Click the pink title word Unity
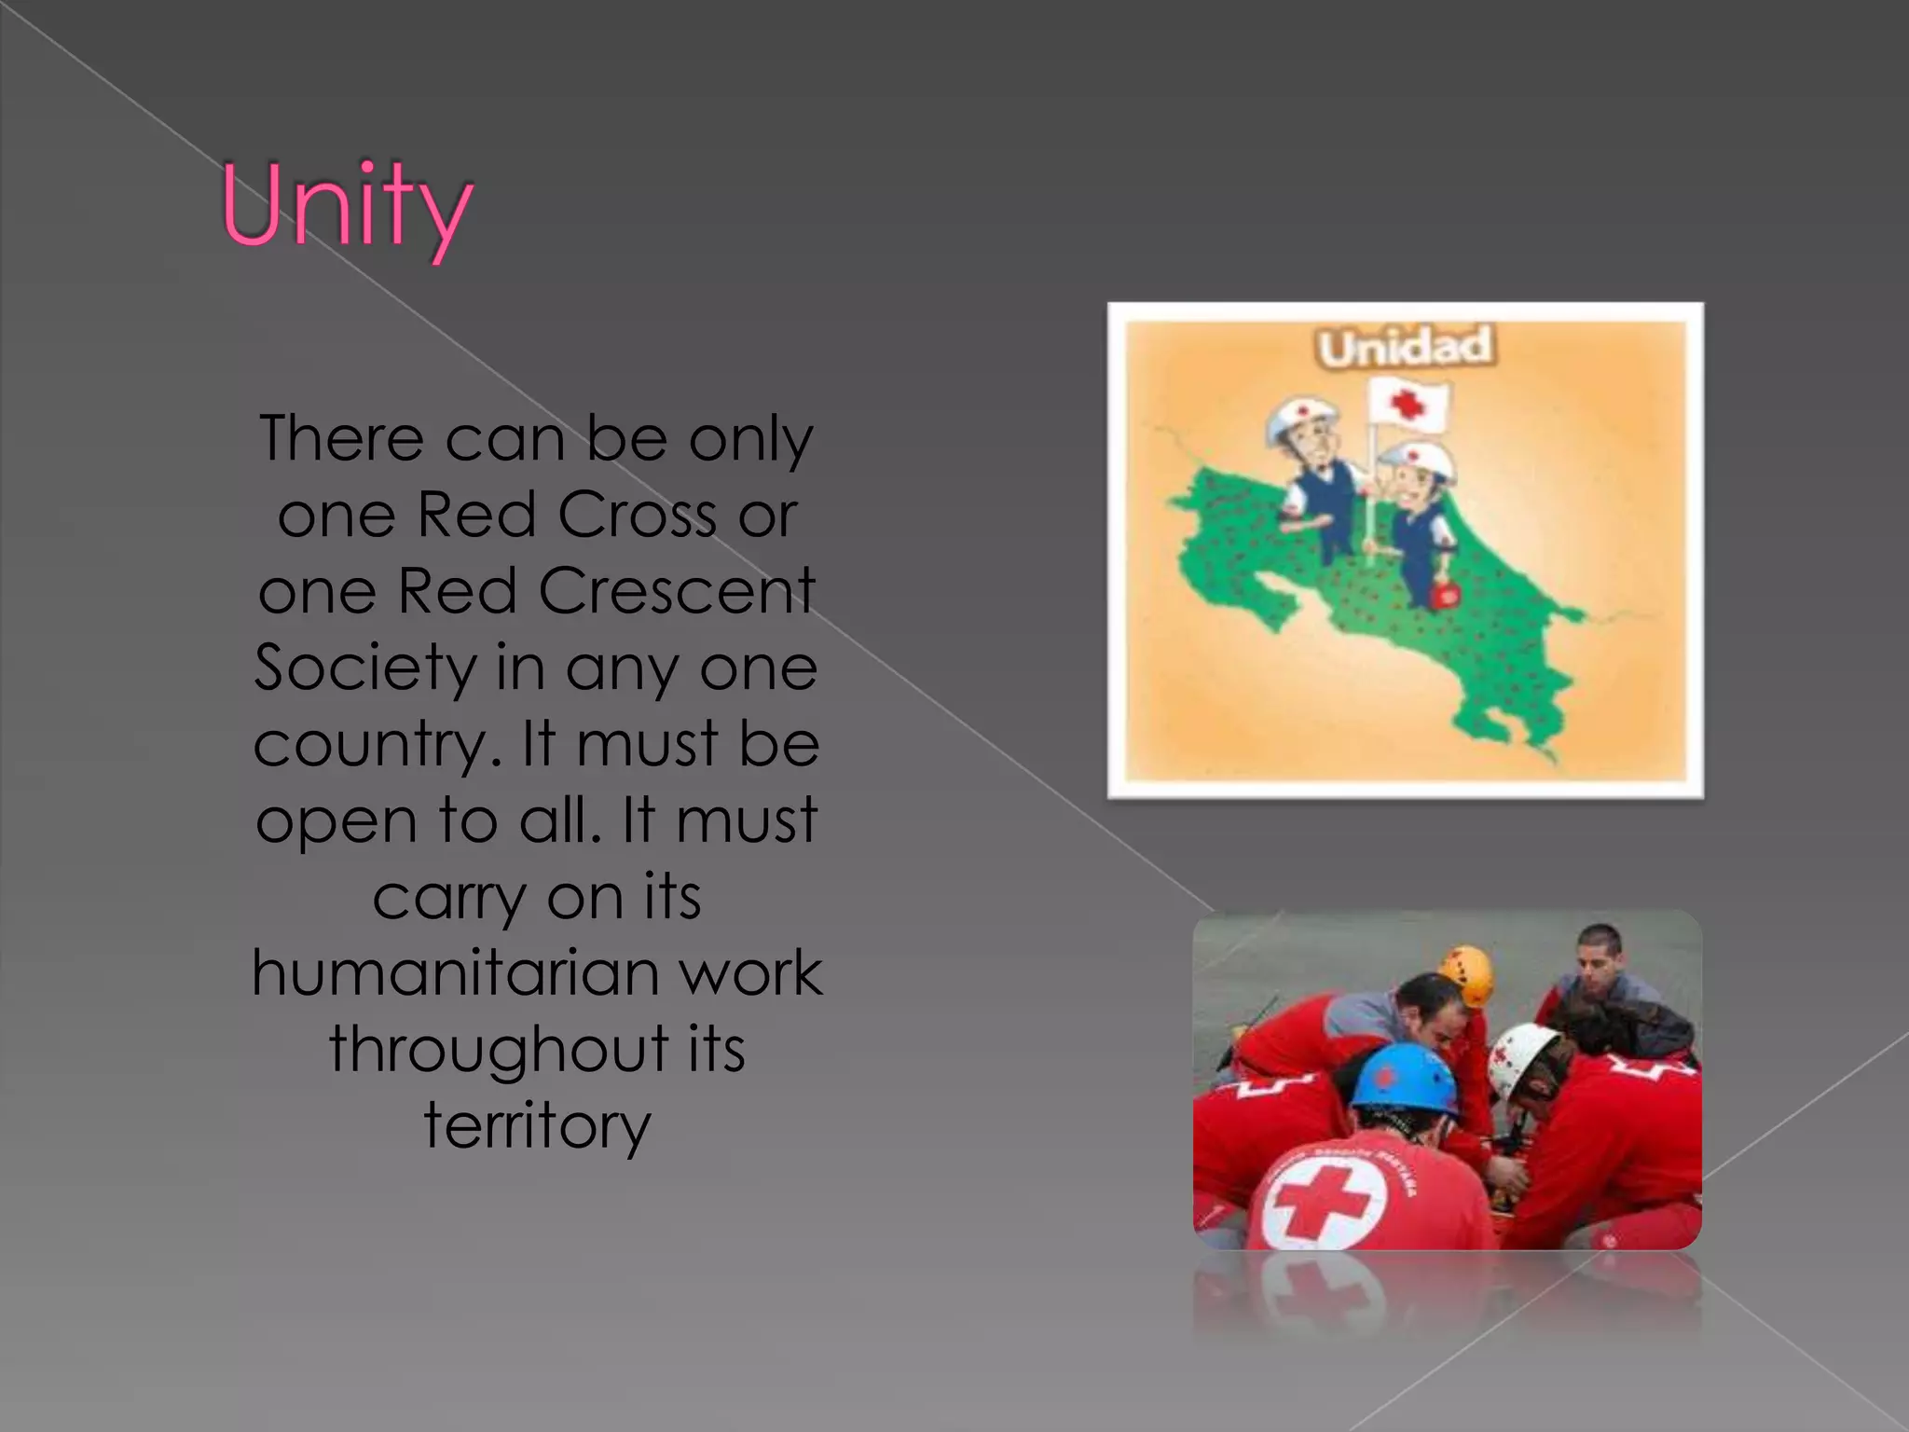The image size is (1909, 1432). tap(347, 207)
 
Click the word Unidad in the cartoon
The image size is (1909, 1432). tap(1406, 347)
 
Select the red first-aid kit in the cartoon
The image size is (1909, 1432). tap(1443, 594)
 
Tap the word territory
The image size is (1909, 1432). tap(537, 1125)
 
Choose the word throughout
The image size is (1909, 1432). tap(499, 1050)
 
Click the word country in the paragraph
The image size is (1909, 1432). tap(370, 746)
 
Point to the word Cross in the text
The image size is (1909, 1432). tap(639, 515)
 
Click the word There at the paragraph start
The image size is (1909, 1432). tap(341, 438)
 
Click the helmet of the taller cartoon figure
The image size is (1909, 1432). tap(1302, 420)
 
